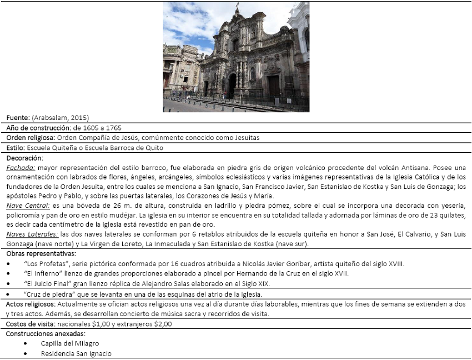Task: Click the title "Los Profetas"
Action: tap(43, 263)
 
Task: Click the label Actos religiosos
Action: tap(30, 304)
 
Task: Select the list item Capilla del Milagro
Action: tap(70, 343)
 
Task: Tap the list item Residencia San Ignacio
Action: tap(76, 353)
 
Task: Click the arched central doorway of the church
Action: tap(232, 86)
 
